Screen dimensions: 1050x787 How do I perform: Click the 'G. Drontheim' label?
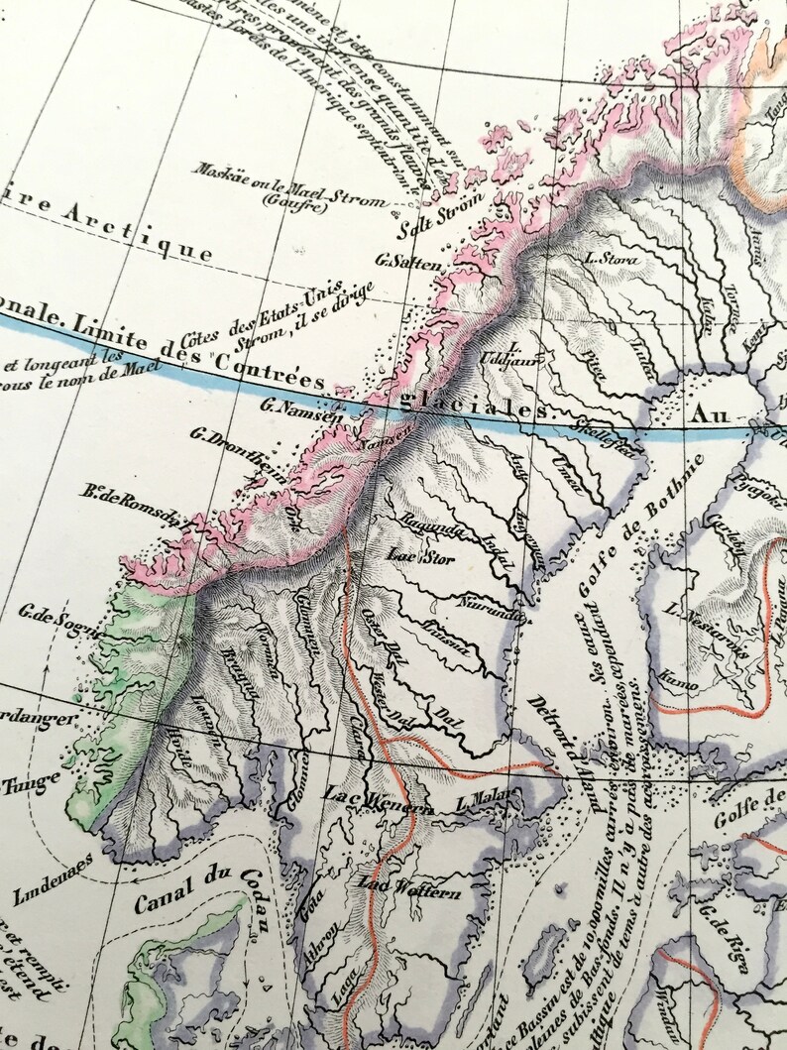click(234, 441)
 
